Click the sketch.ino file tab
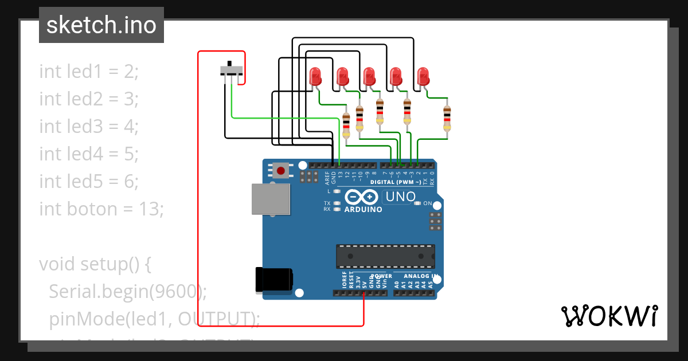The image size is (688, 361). point(101,25)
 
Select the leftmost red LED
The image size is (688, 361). point(315,76)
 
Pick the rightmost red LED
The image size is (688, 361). point(423,76)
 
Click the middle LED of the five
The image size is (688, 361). point(369,76)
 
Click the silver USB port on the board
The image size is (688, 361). point(270,199)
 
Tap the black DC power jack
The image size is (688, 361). point(274,280)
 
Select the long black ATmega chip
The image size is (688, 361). point(385,256)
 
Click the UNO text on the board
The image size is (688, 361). point(400,197)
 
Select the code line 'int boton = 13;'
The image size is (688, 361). point(101,209)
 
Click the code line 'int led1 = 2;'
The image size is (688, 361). point(89,72)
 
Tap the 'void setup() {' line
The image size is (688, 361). point(95,264)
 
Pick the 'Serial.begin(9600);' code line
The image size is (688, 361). point(127,292)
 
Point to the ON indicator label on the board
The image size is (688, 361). point(427,203)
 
